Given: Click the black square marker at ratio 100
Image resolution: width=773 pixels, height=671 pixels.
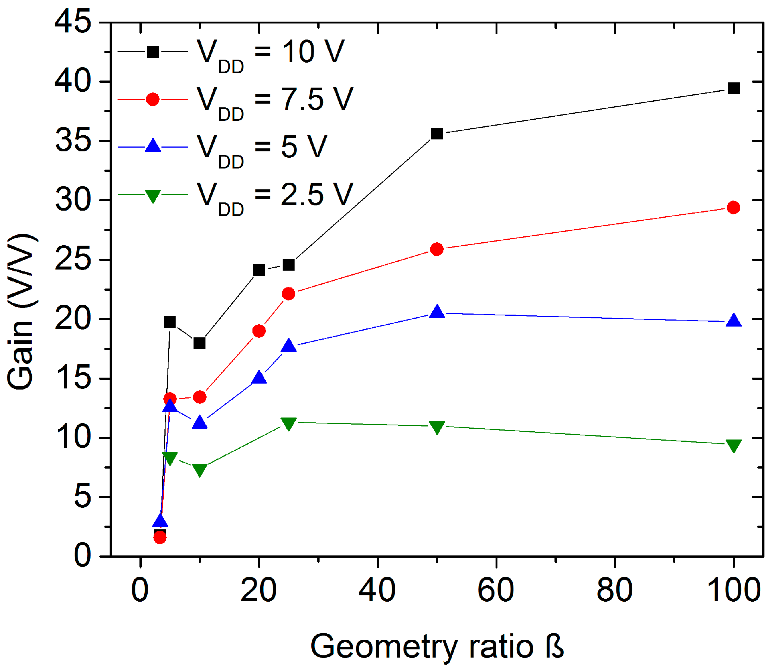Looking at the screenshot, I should tap(733, 89).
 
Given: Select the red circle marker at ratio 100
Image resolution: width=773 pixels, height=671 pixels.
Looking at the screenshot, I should tap(733, 207).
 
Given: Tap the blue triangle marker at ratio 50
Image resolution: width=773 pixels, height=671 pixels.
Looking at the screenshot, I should tap(437, 312).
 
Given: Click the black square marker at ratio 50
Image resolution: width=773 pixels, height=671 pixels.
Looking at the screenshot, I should tap(437, 134).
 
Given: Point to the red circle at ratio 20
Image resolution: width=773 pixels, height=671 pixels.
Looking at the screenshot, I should tap(259, 331).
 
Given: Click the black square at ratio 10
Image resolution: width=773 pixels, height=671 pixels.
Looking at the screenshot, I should tap(199, 343).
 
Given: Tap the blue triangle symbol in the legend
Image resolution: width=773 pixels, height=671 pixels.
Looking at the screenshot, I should tap(153, 146).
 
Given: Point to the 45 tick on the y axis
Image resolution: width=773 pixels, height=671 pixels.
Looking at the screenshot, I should tap(73, 22).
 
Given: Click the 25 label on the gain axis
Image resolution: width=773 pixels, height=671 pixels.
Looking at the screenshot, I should tap(73, 259).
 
